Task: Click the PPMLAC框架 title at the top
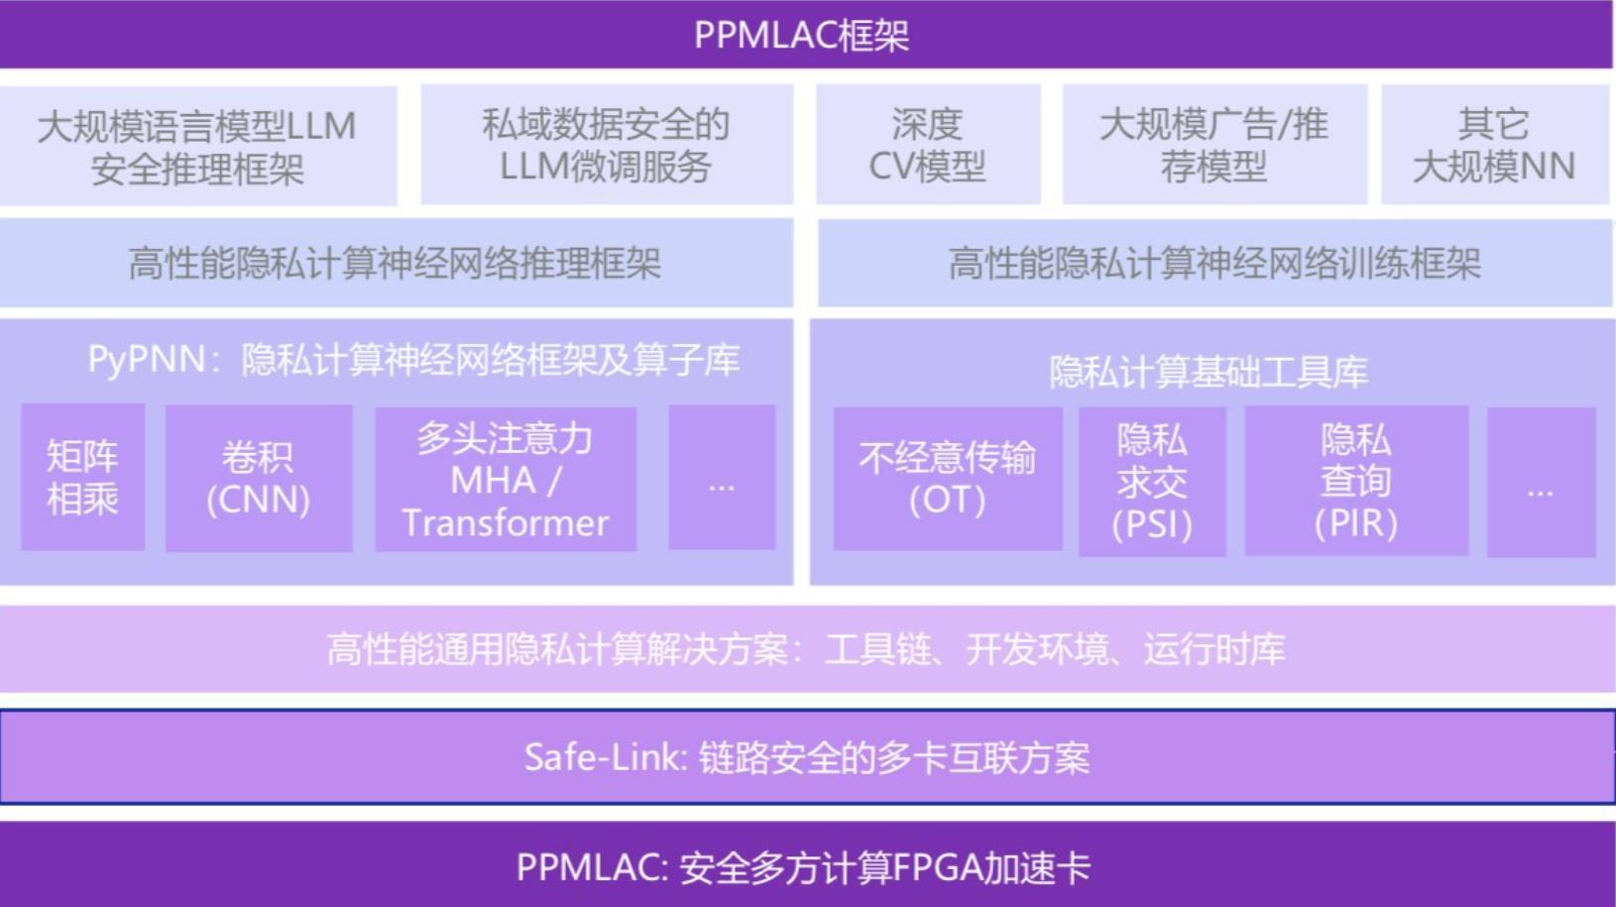[x=801, y=35]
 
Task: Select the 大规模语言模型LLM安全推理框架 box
[x=197, y=147]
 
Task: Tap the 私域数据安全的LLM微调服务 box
[x=606, y=145]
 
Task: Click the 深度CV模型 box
[x=927, y=145]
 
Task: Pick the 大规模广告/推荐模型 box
[x=1213, y=145]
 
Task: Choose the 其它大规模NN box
[x=1493, y=145]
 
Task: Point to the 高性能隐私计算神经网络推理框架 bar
[x=395, y=263]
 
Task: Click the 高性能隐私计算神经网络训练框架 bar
[x=1213, y=263]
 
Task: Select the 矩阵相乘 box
[x=83, y=477]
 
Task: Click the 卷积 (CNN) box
[x=258, y=478]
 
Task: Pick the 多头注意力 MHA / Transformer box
[x=505, y=480]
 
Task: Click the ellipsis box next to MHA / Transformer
[x=721, y=478]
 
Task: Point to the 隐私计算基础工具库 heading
[x=1208, y=372]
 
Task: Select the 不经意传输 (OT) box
[x=947, y=479]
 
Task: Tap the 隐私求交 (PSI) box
[x=1151, y=482]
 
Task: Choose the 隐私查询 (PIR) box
[x=1355, y=481]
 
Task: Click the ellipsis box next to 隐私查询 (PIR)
[x=1540, y=482]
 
